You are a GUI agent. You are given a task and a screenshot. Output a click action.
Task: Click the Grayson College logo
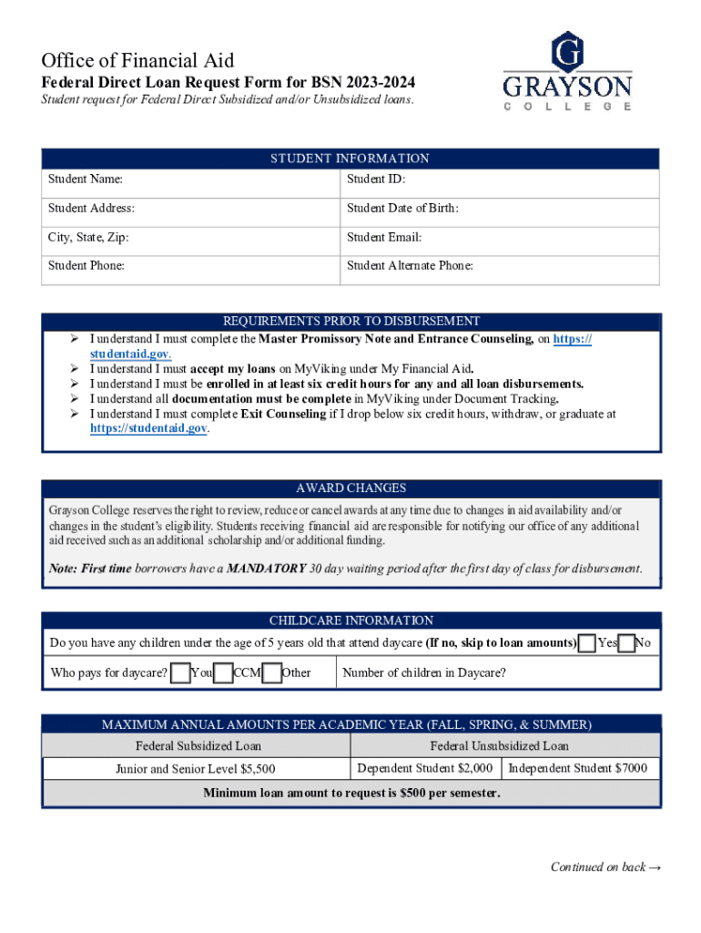[567, 71]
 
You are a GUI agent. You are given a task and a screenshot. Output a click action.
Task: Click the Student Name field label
[86, 180]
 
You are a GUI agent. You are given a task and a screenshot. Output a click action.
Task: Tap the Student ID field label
[376, 180]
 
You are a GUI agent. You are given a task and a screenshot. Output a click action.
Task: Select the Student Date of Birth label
[402, 209]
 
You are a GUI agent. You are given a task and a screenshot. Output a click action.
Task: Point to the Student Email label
[384, 238]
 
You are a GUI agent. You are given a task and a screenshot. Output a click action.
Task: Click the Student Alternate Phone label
[410, 267]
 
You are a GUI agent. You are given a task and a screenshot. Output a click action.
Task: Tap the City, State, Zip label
[88, 238]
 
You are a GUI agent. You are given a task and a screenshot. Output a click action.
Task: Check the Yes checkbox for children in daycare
[588, 643]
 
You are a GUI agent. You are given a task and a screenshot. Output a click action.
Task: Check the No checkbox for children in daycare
[625, 643]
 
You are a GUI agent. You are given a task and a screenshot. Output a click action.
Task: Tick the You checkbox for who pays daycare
[182, 673]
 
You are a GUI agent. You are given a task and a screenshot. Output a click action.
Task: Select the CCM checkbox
[223, 673]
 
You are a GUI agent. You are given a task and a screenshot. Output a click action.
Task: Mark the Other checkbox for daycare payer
[271, 673]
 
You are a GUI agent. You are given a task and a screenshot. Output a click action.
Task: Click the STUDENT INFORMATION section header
[350, 159]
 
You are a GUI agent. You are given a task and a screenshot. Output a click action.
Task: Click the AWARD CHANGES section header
[350, 488]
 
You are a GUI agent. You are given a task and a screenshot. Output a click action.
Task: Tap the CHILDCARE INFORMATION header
[350, 620]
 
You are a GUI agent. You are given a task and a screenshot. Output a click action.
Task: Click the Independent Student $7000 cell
[577, 768]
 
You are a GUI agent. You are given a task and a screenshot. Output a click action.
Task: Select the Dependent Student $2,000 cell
[425, 768]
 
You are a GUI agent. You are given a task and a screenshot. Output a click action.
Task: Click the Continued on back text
[604, 866]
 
